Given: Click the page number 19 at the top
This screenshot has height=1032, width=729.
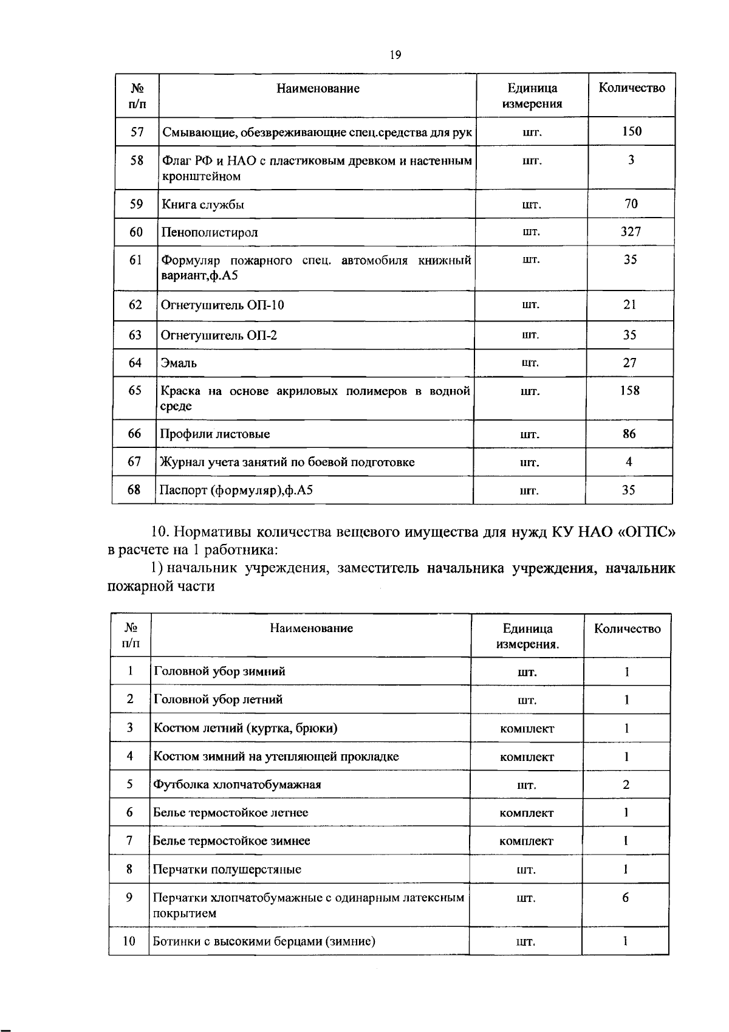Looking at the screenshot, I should pyautogui.click(x=395, y=55).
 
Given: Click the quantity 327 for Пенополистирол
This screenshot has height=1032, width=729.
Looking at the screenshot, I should pyautogui.click(x=631, y=232).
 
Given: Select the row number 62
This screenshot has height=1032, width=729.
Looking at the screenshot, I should pyautogui.click(x=135, y=304).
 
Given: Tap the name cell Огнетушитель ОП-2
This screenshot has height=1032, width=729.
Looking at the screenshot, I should pyautogui.click(x=219, y=335).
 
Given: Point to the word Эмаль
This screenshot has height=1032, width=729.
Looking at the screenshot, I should pyautogui.click(x=179, y=363).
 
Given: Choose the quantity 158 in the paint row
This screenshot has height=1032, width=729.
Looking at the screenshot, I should pyautogui.click(x=629, y=390).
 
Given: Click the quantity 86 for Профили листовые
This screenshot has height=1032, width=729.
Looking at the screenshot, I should pyautogui.click(x=629, y=434).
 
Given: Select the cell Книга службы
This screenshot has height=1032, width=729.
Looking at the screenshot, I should pyautogui.click(x=203, y=204).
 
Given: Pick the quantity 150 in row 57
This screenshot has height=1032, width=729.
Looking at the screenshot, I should pyautogui.click(x=632, y=131).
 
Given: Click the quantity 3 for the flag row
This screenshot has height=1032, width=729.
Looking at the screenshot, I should pyautogui.click(x=631, y=160).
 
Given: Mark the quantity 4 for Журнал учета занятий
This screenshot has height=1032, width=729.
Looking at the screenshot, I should pyautogui.click(x=629, y=462).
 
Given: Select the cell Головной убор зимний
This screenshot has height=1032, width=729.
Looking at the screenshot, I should pyautogui.click(x=219, y=672).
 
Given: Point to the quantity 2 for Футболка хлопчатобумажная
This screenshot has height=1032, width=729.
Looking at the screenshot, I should pyautogui.click(x=626, y=784).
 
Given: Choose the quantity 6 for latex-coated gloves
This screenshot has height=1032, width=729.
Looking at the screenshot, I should pyautogui.click(x=625, y=898).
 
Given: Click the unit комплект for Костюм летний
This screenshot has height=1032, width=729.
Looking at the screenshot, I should pyautogui.click(x=527, y=728).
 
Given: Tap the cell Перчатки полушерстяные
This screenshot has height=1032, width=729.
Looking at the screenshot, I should pyautogui.click(x=227, y=869).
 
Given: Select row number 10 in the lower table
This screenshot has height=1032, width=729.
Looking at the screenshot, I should pyautogui.click(x=129, y=941).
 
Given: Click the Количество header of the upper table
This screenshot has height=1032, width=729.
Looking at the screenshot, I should pyautogui.click(x=632, y=88).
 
